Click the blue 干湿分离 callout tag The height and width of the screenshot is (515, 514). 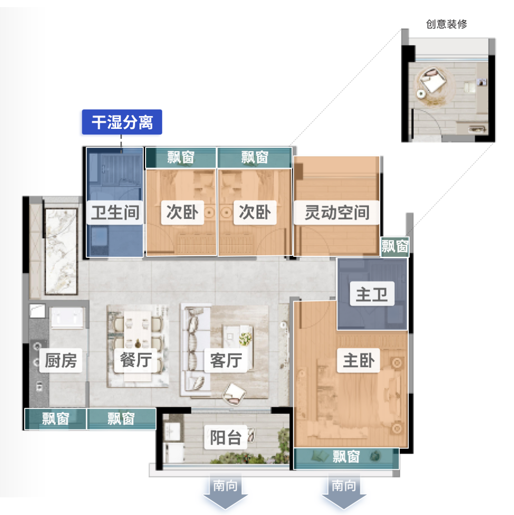[122, 122]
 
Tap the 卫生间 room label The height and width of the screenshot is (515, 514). [115, 213]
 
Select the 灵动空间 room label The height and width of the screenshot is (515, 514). [337, 213]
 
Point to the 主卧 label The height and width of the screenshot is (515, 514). [359, 361]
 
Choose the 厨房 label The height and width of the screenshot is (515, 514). [60, 360]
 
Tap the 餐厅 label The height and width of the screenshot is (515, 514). [136, 360]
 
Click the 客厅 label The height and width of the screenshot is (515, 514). [226, 360]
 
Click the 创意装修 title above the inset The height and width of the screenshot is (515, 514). [446, 24]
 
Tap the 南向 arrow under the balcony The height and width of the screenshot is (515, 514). [226, 495]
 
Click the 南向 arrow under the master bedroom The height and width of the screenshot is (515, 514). [344, 495]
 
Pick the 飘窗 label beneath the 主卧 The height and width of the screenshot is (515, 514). [346, 457]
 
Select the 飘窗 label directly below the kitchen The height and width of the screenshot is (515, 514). [56, 419]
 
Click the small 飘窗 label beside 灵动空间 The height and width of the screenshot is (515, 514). [395, 247]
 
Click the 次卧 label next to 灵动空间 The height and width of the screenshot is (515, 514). [255, 213]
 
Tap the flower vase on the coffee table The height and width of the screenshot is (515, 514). [245, 339]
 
